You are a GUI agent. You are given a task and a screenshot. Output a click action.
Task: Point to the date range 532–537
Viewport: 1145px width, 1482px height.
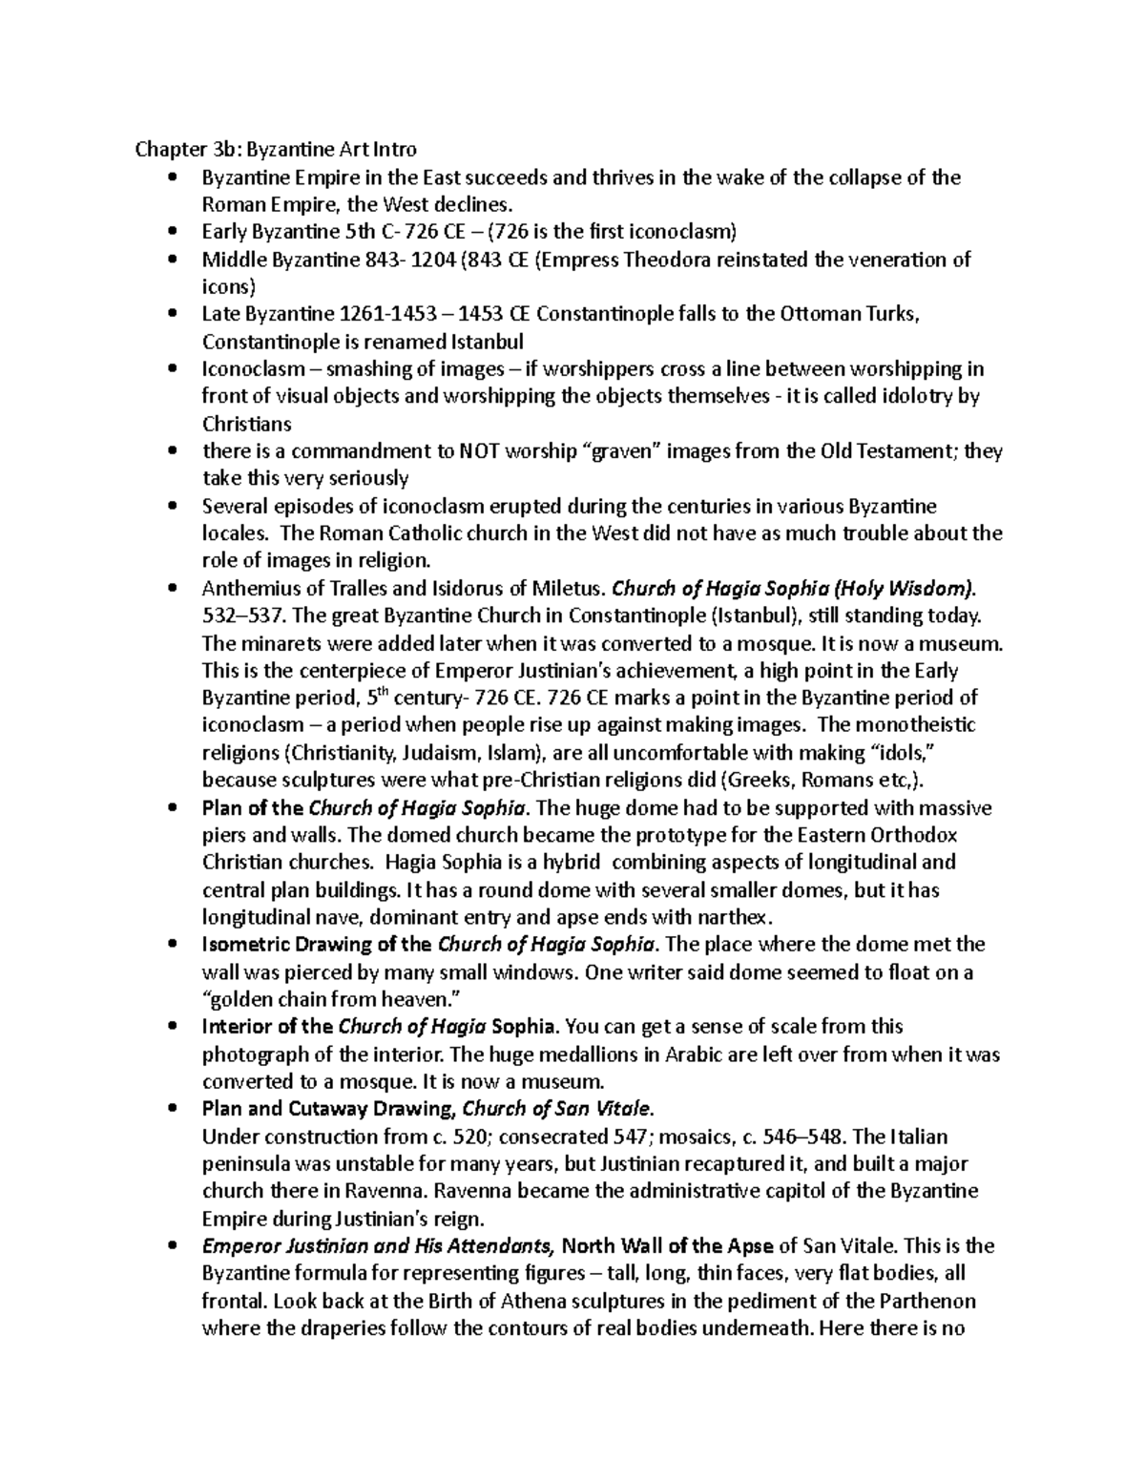(233, 616)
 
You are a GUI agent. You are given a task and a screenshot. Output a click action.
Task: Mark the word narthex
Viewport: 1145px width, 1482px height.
(733, 918)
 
